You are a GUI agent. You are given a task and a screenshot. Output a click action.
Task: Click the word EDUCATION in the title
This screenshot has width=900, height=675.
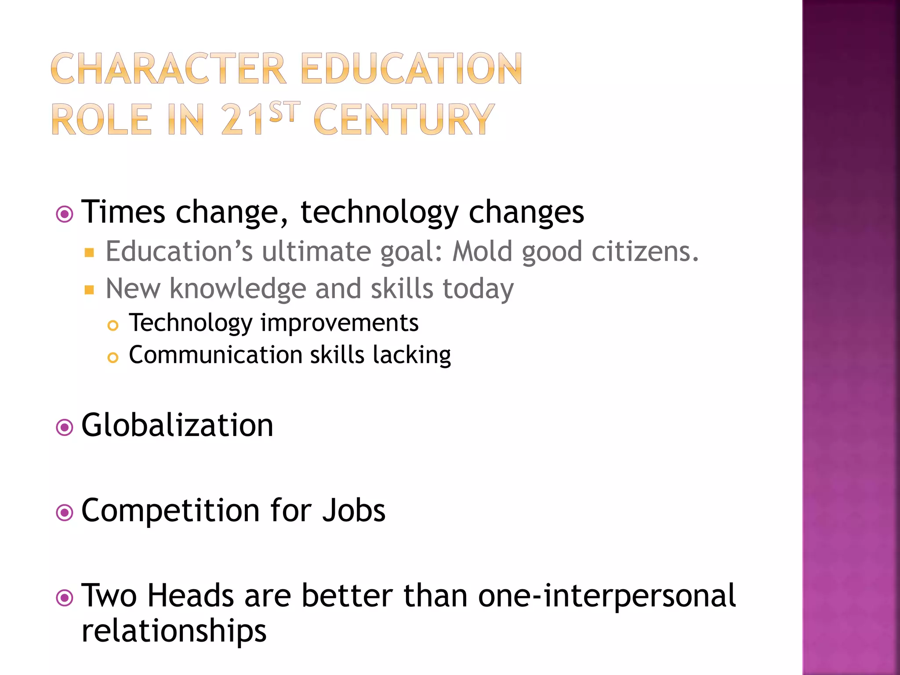412,69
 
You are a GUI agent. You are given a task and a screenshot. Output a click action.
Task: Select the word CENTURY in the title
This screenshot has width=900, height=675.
404,120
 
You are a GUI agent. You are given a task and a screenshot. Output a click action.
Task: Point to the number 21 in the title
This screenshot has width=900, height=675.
243,120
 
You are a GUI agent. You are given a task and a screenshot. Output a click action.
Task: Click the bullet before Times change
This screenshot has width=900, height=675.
65,214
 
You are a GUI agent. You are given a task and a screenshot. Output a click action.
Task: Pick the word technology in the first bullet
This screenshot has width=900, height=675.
379,213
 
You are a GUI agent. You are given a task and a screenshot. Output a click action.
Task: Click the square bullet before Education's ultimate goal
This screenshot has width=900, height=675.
90,252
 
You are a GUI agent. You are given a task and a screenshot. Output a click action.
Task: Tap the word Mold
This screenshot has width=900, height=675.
483,251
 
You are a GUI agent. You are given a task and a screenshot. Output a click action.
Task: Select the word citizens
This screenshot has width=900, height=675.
645,251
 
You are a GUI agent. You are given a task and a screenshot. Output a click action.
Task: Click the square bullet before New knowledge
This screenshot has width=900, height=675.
90,290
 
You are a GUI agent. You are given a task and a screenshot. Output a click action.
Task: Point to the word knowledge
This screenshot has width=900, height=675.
238,289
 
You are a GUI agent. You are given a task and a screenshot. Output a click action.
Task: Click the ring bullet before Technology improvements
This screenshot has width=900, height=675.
113,326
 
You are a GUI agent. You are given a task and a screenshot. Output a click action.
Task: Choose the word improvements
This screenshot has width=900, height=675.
339,323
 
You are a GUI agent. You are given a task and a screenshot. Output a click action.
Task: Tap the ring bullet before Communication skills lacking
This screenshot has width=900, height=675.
113,358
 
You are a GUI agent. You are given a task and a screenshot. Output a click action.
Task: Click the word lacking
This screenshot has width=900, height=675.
412,355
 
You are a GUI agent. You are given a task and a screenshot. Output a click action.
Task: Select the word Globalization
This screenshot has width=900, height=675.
177,425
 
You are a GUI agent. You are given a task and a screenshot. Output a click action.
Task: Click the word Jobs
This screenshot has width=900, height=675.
353,511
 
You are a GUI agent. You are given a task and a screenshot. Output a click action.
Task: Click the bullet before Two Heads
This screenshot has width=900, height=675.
65,598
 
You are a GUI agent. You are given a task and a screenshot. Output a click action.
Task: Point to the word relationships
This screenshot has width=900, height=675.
174,631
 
